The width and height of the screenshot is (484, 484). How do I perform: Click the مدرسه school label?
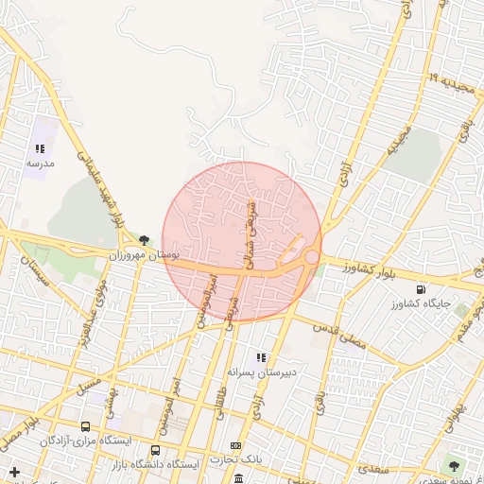40,163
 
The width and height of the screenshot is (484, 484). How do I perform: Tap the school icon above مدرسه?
40,148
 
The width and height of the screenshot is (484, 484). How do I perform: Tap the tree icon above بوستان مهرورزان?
144,241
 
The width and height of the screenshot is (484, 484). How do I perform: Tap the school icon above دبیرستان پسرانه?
261,356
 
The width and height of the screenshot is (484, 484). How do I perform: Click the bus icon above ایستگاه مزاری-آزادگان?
86,427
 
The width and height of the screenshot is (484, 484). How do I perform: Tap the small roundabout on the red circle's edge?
310,257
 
